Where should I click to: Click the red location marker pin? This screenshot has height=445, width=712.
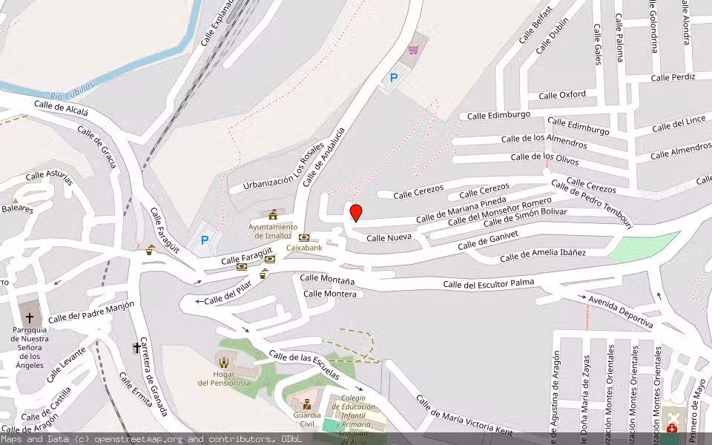pos(356,213)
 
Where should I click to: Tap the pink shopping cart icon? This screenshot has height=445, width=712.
pos(413,50)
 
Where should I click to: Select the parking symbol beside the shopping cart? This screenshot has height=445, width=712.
pos(394,77)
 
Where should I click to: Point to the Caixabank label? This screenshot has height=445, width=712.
pos(304,247)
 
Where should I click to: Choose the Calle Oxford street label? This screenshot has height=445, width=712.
pos(561,95)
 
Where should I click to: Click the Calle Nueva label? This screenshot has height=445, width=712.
pos(389,238)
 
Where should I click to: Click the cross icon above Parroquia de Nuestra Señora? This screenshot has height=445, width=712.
pos(30,317)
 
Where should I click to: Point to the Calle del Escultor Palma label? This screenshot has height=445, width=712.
pos(488,283)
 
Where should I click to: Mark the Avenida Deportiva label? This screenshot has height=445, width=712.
pos(620,311)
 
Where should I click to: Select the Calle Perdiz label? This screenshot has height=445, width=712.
pos(673,77)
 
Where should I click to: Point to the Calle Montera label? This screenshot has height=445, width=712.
pos(330,294)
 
